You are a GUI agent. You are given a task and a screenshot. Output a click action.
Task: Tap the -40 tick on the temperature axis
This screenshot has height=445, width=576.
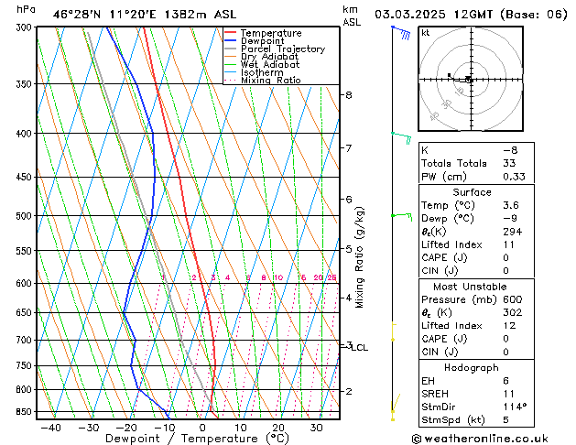[x=50, y=427]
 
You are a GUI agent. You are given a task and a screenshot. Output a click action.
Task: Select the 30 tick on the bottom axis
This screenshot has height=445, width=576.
[x=316, y=427]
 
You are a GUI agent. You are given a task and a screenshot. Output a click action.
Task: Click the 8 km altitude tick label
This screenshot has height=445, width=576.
[x=348, y=95]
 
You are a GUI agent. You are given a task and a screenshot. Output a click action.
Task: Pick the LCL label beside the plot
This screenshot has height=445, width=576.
[x=360, y=348]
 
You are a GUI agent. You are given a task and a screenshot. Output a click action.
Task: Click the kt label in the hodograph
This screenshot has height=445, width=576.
[x=426, y=32]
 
